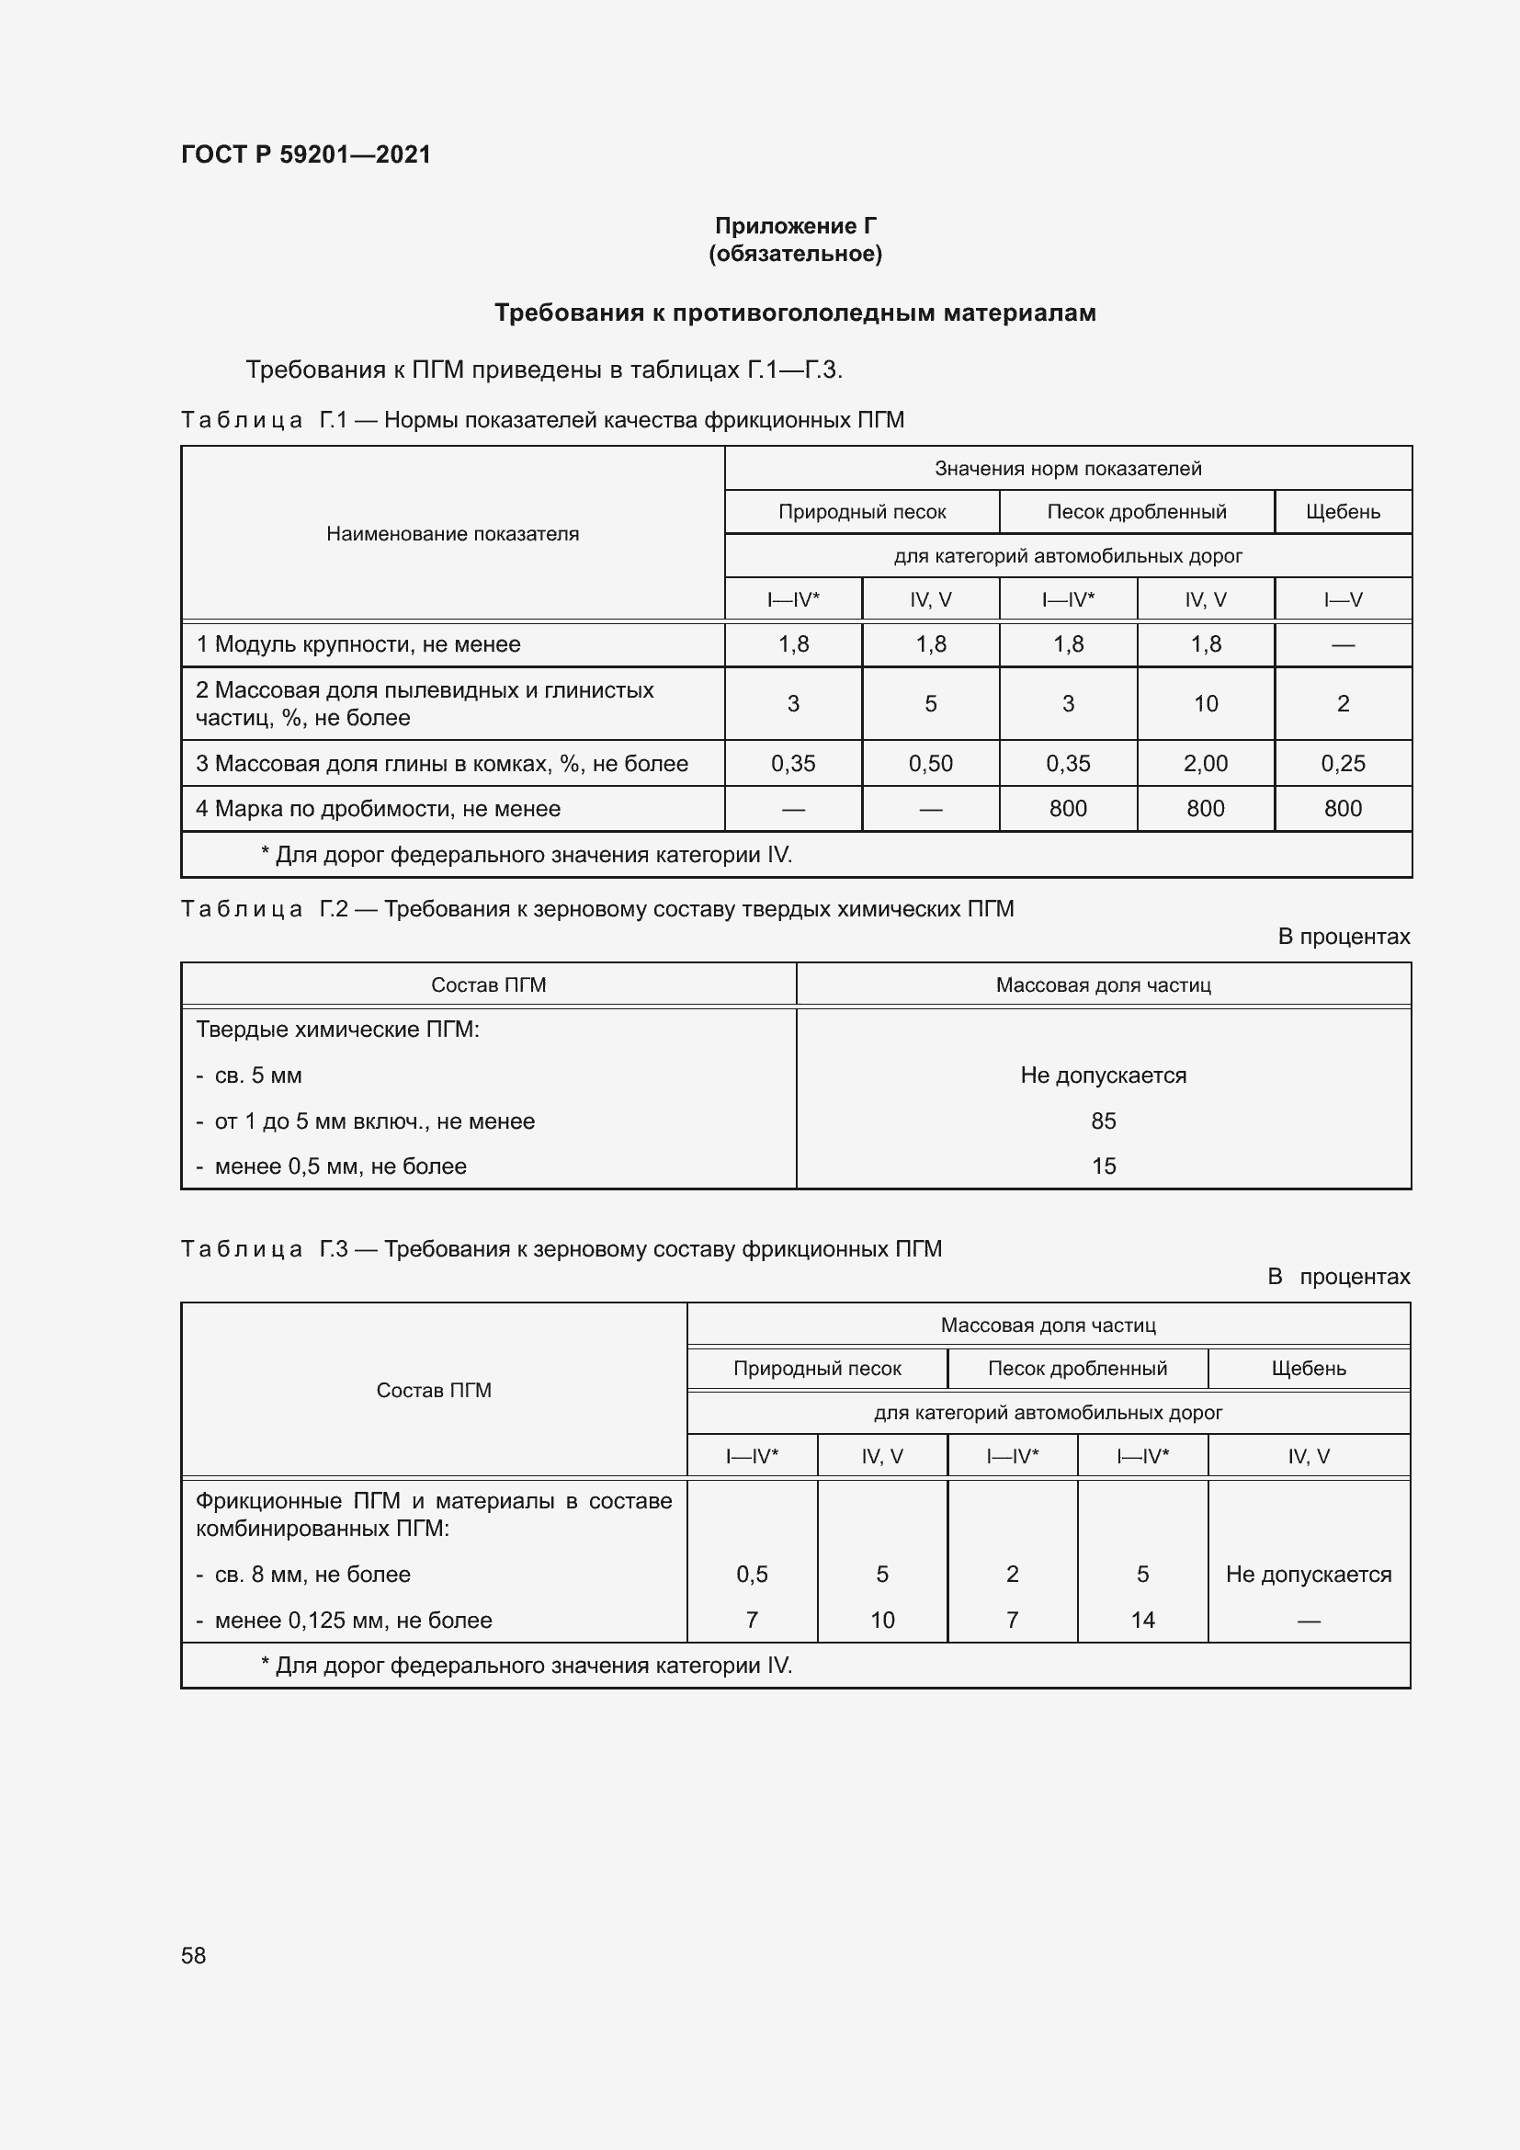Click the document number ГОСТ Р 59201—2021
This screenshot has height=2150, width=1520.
pos(305,154)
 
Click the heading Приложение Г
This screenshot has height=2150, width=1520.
pos(795,226)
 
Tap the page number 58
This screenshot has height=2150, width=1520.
pos(193,1955)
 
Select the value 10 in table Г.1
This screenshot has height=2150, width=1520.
pos(1205,703)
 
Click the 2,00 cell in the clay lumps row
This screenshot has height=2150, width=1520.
pos(1205,763)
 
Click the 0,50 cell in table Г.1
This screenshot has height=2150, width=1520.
pos(929,763)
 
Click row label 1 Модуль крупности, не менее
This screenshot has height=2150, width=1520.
pos(357,644)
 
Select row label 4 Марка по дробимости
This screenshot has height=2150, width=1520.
pos(377,808)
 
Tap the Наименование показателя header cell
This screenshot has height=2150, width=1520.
pos(452,534)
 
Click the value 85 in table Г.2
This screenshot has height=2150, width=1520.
pos(1103,1121)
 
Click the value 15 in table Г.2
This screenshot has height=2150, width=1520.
pos(1103,1166)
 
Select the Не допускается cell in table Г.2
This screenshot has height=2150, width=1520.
pos(1103,1075)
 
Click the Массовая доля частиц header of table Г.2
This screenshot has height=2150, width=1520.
pos(1103,985)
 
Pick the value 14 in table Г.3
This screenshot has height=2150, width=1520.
pos(1142,1620)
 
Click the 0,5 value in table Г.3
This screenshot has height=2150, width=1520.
pos(752,1574)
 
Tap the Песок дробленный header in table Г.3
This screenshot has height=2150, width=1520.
pos(1076,1368)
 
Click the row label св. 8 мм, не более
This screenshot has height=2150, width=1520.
pos(312,1574)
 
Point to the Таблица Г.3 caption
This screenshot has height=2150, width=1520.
pos(560,1249)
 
